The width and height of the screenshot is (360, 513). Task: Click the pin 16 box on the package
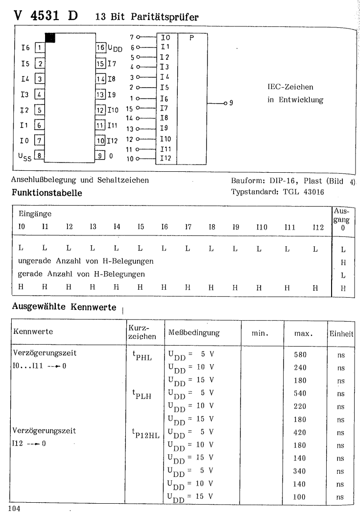[x=101, y=48]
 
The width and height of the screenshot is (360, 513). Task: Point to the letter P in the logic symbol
[x=192, y=37]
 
